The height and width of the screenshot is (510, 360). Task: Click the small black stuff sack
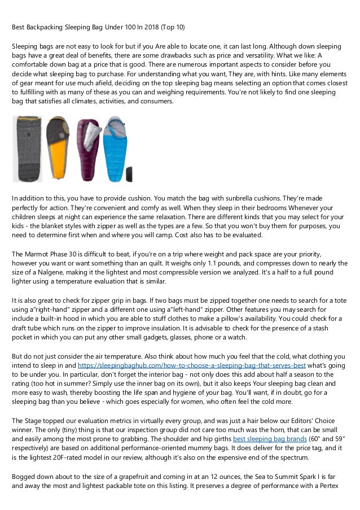(129, 173)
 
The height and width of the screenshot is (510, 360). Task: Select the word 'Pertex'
(335, 487)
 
